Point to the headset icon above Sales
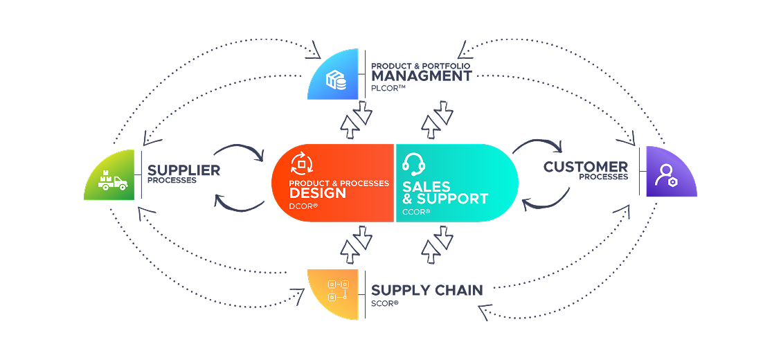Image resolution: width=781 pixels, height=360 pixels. pyautogui.click(x=413, y=164)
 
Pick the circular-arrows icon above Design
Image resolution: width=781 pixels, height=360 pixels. pyautogui.click(x=301, y=163)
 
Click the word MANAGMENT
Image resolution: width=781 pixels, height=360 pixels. pyautogui.click(x=421, y=75)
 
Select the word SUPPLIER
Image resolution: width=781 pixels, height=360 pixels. pyautogui.click(x=183, y=170)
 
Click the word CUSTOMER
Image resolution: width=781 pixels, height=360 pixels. pyautogui.click(x=585, y=167)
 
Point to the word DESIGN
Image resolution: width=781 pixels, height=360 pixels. pyautogui.click(x=317, y=193)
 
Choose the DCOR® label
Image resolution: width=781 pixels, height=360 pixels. pyautogui.click(x=303, y=206)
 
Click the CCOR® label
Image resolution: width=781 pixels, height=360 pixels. pyautogui.click(x=416, y=211)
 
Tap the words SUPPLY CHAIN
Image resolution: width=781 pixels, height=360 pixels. pyautogui.click(x=427, y=290)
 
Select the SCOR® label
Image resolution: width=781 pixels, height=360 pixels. pyautogui.click(x=385, y=303)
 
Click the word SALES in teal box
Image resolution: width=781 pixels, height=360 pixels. pyautogui.click(x=427, y=187)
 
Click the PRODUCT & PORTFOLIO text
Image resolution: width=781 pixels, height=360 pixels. pyautogui.click(x=421, y=65)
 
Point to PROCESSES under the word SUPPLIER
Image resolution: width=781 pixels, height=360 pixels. pyautogui.click(x=172, y=181)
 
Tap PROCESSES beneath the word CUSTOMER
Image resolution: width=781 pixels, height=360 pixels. pyautogui.click(x=604, y=177)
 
